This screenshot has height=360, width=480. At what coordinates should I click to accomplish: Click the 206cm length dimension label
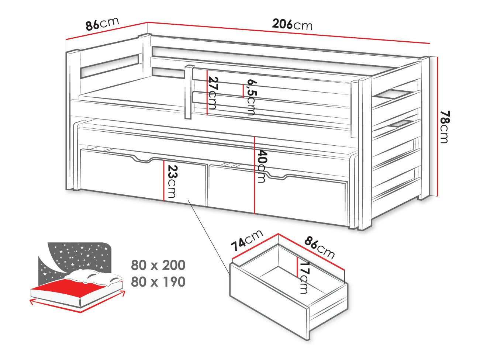(292, 24)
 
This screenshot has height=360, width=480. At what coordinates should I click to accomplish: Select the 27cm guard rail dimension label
(213, 93)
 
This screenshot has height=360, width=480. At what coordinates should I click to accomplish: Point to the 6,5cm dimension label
(251, 97)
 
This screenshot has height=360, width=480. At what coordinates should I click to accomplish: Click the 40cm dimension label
(261, 166)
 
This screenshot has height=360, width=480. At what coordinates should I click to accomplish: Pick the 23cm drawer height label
(172, 181)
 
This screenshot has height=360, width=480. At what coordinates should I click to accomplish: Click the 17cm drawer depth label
(304, 277)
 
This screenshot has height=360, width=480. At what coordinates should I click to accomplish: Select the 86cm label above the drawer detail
(319, 247)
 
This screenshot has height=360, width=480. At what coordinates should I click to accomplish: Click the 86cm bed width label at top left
(102, 24)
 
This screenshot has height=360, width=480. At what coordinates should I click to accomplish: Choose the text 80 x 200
(158, 265)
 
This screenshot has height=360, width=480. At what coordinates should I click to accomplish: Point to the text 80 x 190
(158, 282)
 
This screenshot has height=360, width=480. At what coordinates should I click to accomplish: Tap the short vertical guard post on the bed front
(189, 92)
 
